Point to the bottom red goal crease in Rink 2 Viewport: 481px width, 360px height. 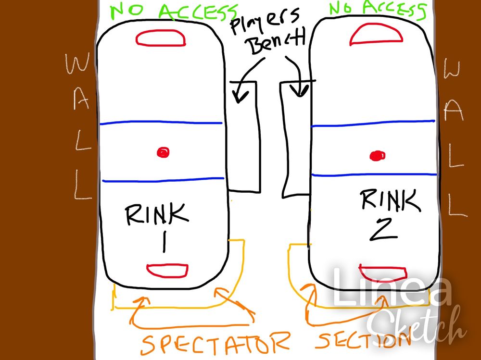click(x=383, y=273)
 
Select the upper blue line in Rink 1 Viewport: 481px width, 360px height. click(x=161, y=123)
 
